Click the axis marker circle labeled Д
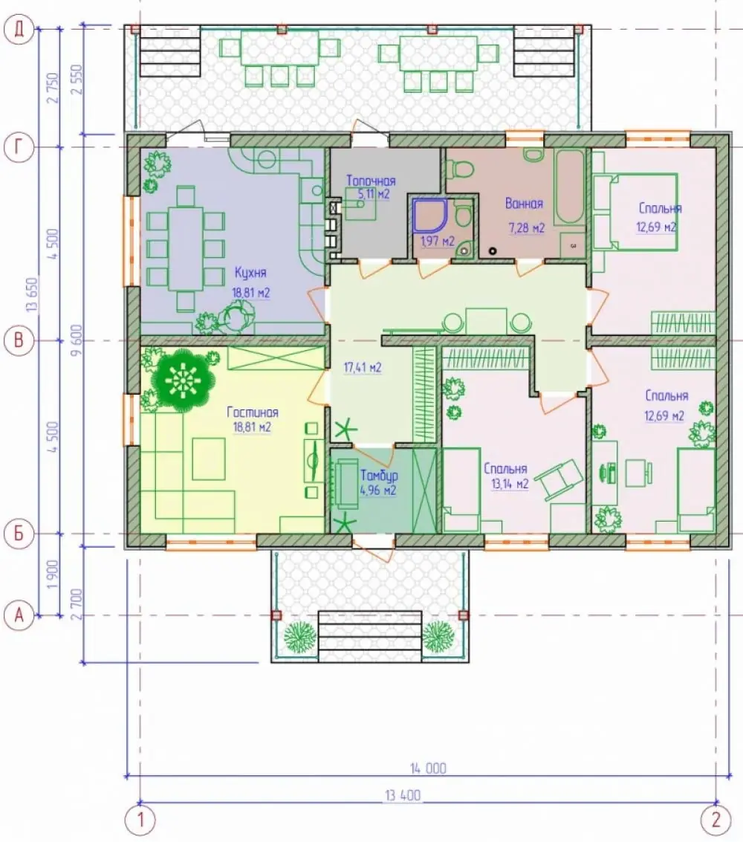[x=19, y=29]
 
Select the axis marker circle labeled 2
[x=716, y=820]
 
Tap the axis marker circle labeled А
[x=19, y=615]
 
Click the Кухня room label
[x=250, y=273]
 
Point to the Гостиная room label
[x=253, y=412]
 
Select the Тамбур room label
[x=379, y=476]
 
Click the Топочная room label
[x=371, y=181]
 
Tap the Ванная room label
[x=524, y=204]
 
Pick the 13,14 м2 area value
[x=510, y=484]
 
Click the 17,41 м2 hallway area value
[x=363, y=368]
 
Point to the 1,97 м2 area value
[x=438, y=241]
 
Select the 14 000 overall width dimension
[x=429, y=768]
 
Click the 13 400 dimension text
[x=403, y=794]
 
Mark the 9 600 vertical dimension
[x=78, y=340]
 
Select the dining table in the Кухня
[x=186, y=248]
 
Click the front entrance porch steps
[x=370, y=636]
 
